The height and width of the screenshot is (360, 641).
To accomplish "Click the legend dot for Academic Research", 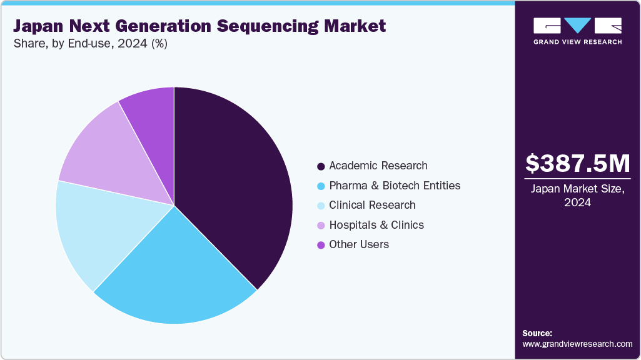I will [321, 166].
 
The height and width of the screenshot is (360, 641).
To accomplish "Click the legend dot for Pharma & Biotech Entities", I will [321, 186].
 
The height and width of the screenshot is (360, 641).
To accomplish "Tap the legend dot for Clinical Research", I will [321, 206].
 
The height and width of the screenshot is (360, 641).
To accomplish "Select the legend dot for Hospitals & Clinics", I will [321, 226].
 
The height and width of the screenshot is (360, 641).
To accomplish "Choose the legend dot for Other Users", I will [321, 245].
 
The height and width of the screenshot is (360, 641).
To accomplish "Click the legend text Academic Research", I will [378, 166].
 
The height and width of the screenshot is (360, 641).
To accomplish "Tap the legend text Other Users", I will [359, 244].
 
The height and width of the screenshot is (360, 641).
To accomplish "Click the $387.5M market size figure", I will [577, 163].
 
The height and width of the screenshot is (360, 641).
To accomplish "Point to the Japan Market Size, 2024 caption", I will [577, 196].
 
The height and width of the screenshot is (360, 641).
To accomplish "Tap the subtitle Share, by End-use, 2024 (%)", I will [90, 44].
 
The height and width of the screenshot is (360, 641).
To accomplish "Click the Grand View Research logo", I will [577, 31].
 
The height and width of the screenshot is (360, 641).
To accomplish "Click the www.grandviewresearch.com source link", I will [577, 344].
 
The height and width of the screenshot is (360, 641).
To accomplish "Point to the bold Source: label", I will [537, 333].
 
